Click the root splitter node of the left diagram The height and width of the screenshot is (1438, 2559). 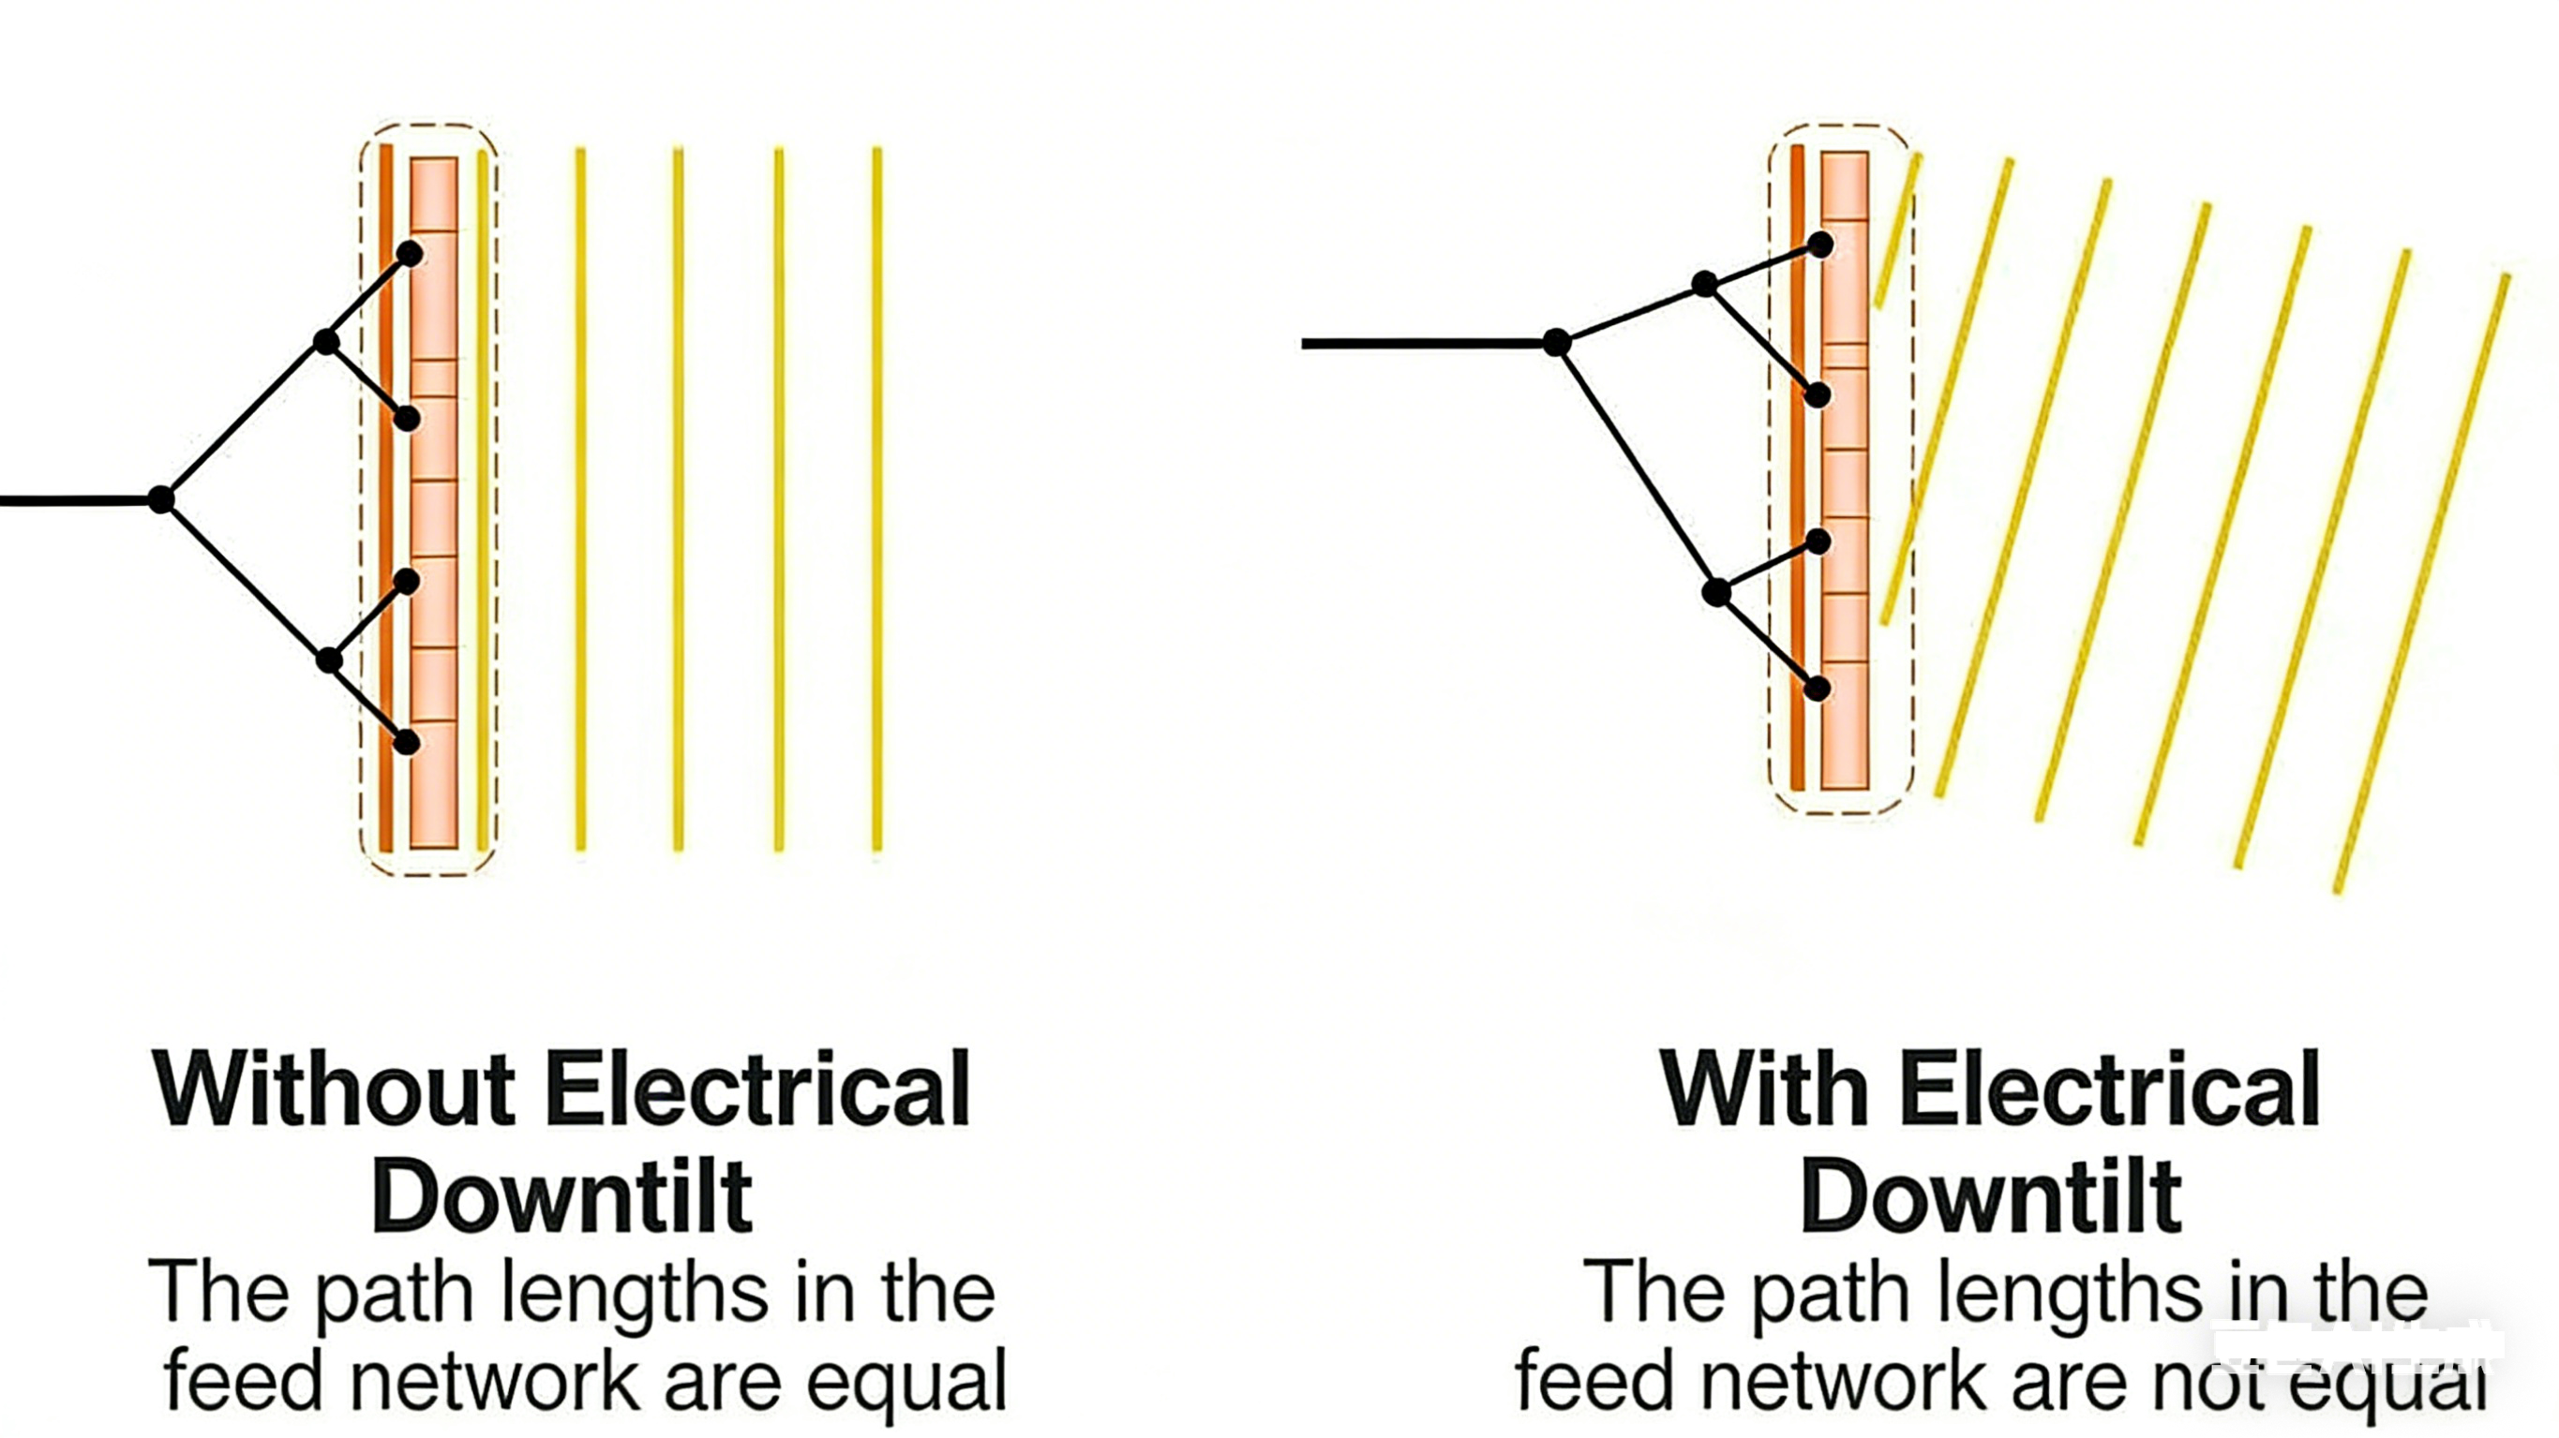pos(161,498)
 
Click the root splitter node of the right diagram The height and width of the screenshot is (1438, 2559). pos(1557,343)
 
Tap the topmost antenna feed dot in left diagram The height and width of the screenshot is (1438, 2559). pos(410,254)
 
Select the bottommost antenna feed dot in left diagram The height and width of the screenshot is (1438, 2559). pos(406,742)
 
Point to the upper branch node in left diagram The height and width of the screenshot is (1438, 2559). pos(326,343)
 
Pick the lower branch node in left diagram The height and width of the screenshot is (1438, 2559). pos(329,660)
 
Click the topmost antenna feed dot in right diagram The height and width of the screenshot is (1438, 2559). pos(1820,245)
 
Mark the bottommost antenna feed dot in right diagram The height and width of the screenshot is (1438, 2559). pos(1817,689)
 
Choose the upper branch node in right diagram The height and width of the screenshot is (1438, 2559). pos(1705,285)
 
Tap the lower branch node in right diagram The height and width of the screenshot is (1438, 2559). pos(1715,593)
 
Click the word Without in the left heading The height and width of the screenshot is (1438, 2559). pos(333,1090)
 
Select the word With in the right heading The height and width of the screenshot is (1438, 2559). pos(1763,1090)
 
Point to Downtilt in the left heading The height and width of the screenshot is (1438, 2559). pos(562,1196)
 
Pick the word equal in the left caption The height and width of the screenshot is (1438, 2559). pos(906,1381)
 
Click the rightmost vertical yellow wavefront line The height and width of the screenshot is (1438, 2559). pos(876,497)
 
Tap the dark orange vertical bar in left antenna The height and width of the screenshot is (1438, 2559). pos(386,497)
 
